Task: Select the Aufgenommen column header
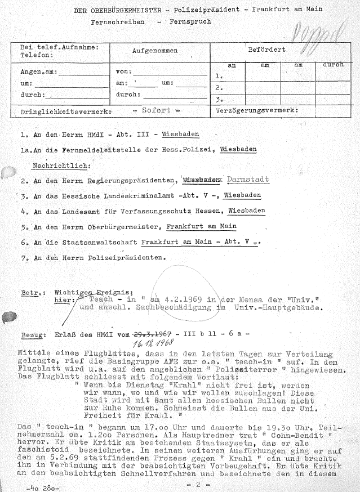(154, 51)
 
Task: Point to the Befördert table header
(266, 50)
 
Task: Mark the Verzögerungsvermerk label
(256, 111)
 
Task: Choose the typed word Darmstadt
(248, 180)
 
